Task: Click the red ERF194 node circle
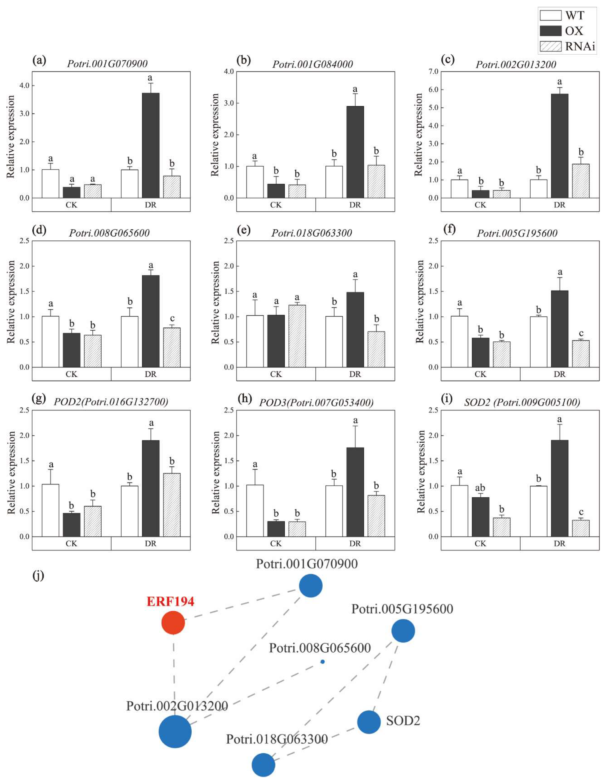point(173,623)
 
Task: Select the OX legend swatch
point(551,31)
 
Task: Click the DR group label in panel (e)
point(355,374)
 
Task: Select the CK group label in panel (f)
point(480,374)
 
